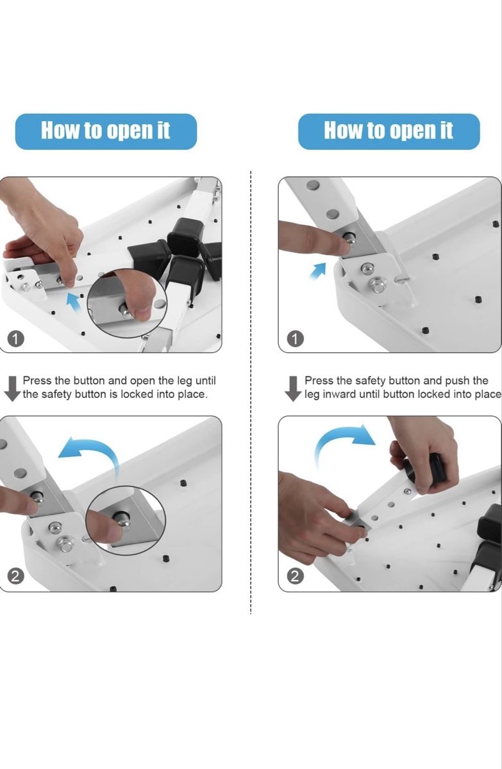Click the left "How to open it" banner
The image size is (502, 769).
106,131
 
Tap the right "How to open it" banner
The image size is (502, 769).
389,131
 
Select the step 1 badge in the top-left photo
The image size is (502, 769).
16,339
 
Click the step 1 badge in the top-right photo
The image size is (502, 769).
296,339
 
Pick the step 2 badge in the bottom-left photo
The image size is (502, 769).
16,577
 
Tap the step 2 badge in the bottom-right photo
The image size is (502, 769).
296,577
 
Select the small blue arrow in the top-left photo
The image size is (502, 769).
73,301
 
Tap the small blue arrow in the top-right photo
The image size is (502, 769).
317,271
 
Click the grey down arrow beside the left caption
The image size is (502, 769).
13,388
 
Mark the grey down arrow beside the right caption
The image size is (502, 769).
293,388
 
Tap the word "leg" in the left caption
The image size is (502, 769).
185,381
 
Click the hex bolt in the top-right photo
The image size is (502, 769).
377,285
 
